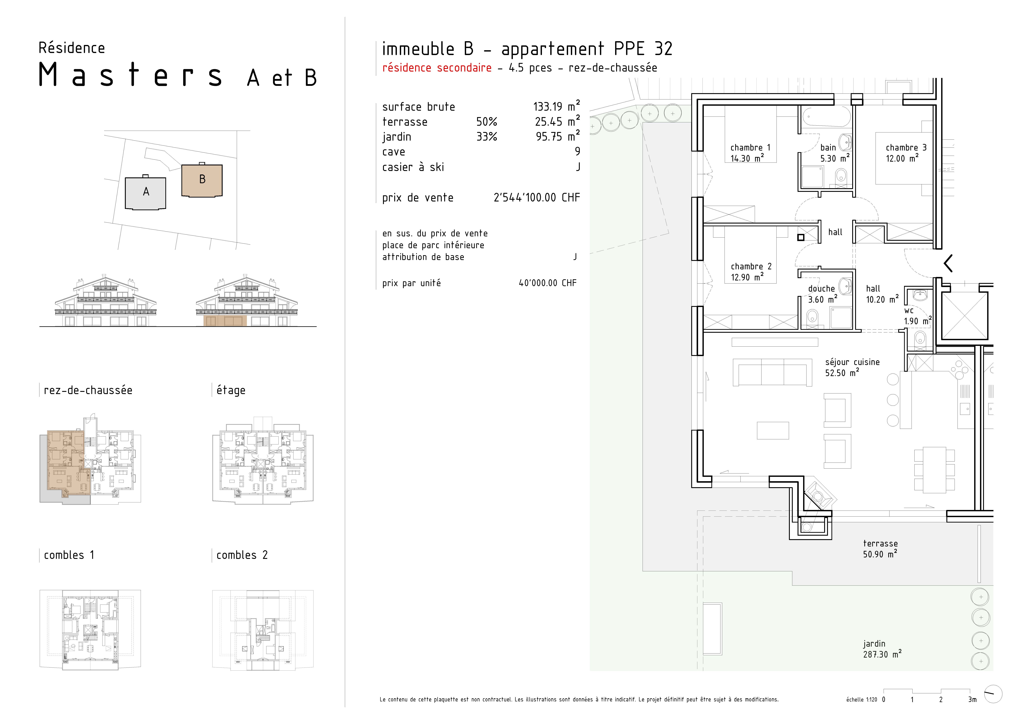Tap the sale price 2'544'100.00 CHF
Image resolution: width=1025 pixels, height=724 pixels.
[x=537, y=198]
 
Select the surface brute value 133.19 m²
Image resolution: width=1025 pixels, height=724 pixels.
[x=556, y=106]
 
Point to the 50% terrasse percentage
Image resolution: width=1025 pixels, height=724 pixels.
[x=487, y=122]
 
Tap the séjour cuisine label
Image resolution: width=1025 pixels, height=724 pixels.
[x=852, y=367]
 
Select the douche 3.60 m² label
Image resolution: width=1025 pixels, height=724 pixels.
[x=822, y=294]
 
